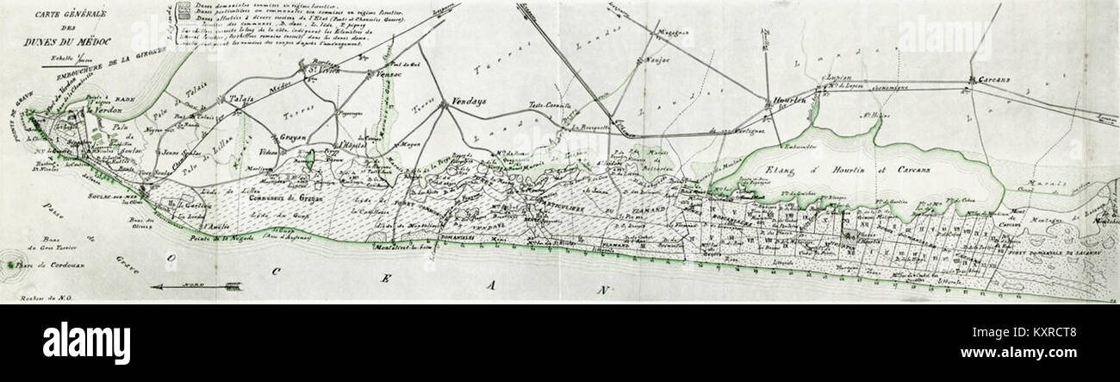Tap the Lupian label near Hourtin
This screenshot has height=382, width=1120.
839,78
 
